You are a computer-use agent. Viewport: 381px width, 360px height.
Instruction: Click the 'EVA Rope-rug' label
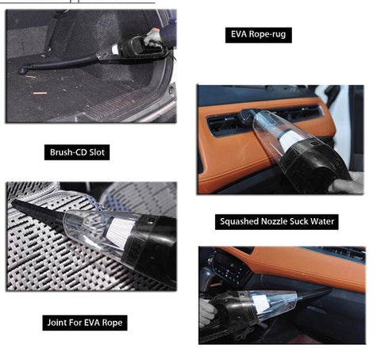[259, 35]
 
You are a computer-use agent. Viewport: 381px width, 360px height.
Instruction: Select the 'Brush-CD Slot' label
[77, 152]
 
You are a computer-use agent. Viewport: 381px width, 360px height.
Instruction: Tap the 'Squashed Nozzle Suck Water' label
[277, 222]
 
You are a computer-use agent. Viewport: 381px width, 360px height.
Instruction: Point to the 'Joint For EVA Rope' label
[85, 323]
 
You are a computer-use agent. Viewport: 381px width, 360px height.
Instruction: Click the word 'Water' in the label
[322, 221]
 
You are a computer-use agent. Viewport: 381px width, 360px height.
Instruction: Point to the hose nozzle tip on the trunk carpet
[22, 71]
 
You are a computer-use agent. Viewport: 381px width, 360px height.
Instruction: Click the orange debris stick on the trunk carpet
[40, 93]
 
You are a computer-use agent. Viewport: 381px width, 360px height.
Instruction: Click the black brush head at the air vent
[247, 114]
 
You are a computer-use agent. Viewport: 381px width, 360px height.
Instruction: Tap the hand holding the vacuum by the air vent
[345, 184]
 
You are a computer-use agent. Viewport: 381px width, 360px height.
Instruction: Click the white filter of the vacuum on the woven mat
[120, 228]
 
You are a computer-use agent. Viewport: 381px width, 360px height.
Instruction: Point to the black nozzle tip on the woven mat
[16, 202]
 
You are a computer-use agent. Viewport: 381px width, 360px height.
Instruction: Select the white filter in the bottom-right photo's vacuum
[260, 304]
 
